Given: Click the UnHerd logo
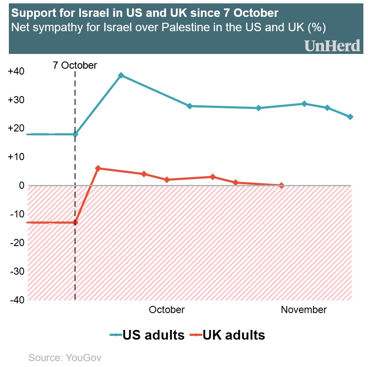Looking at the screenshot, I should [332, 46].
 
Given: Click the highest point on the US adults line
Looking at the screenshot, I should [121, 75].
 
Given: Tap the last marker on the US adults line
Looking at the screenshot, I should [350, 117].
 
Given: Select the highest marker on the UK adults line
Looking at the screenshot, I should [98, 168].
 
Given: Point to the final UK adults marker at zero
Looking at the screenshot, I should [281, 185].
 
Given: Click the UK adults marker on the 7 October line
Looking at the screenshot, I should [75, 222].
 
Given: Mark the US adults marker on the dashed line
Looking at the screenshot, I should [75, 134].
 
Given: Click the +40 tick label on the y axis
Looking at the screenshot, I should [16, 71].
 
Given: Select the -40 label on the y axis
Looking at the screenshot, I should [16, 300].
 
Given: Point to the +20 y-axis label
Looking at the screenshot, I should [16, 129].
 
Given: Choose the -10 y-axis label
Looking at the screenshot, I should [16, 214].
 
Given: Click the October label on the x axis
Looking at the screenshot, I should [167, 310].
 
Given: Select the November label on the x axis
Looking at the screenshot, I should [304, 310].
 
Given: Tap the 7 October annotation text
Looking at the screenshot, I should [75, 65].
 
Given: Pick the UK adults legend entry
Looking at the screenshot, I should [227, 335].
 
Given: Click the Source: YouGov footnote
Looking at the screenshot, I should [65, 358].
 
